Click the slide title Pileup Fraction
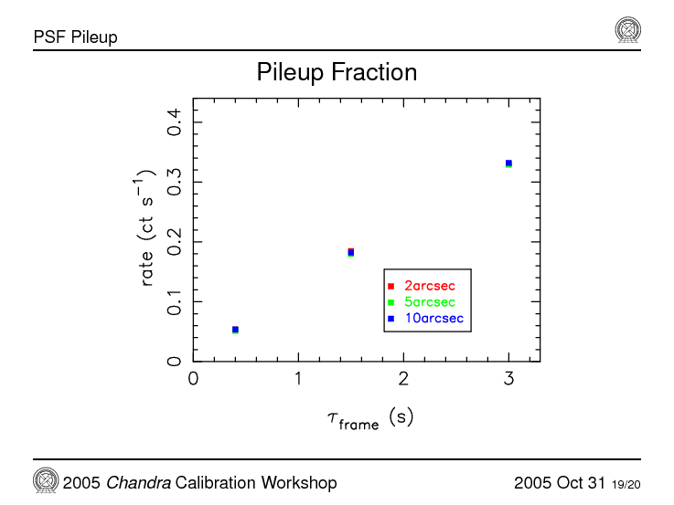tap(337, 72)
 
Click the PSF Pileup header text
tap(75, 37)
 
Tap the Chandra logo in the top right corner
tap(627, 31)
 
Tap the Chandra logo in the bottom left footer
tap(46, 480)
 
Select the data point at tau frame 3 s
tap(508, 163)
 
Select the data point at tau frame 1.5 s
tap(350, 252)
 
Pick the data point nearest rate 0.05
tap(235, 330)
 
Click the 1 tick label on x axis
tap(298, 378)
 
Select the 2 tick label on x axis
tap(403, 378)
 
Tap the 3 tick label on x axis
tap(508, 378)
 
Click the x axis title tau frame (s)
tap(370, 418)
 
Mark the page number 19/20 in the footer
tap(626, 484)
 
